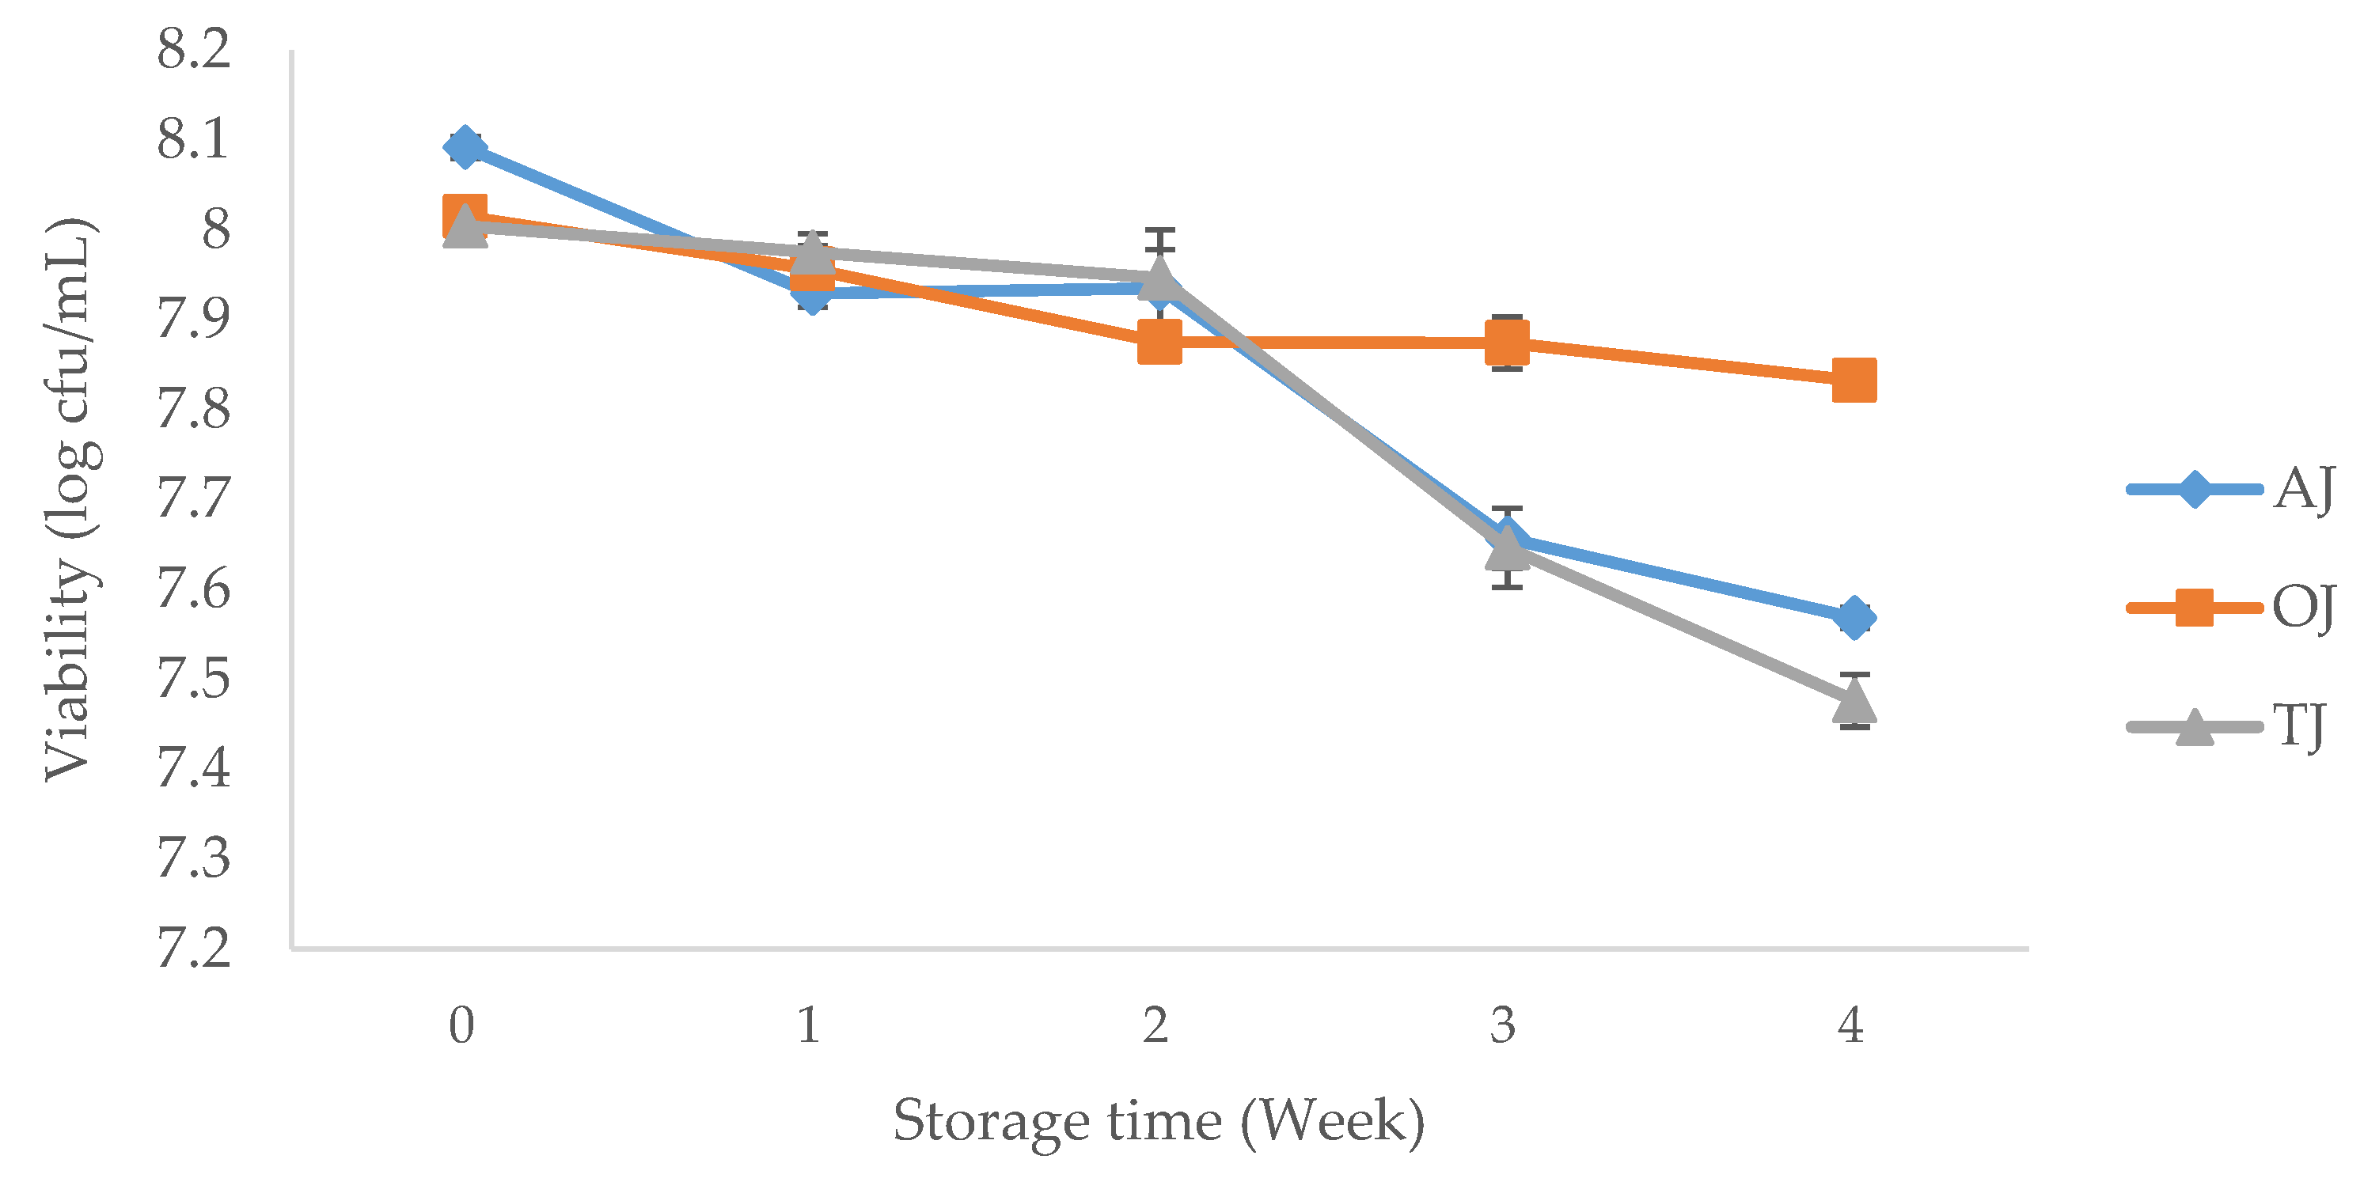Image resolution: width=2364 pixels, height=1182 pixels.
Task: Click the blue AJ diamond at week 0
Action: [x=465, y=147]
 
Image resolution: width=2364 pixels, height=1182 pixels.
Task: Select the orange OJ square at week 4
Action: [x=1854, y=380]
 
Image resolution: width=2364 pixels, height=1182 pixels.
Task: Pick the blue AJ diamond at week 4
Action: [x=1854, y=616]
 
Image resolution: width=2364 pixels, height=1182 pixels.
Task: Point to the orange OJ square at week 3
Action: [x=1507, y=343]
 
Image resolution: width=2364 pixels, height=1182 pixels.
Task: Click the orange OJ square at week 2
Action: [x=1159, y=343]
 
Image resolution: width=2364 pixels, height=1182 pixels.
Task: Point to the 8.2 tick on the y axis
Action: [x=193, y=48]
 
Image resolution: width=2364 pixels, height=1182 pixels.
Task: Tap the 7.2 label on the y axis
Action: [x=193, y=948]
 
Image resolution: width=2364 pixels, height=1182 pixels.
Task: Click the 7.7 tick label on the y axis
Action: [x=193, y=498]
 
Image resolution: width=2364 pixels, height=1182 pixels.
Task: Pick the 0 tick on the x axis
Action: [x=461, y=1025]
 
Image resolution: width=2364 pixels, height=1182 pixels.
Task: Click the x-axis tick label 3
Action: [x=1502, y=1025]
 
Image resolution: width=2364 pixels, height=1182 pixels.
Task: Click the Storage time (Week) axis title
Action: [x=1158, y=1120]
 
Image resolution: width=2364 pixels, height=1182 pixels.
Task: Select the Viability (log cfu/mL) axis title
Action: [x=70, y=500]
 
